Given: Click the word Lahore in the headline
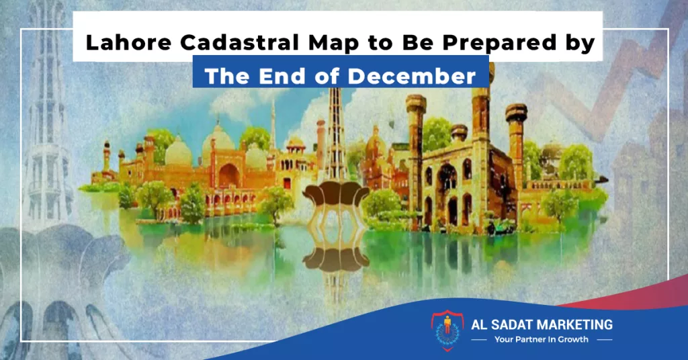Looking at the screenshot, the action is [128, 42].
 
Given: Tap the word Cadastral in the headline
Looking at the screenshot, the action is [239, 42].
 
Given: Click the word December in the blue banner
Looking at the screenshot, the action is [412, 77].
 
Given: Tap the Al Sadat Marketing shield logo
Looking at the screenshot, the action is [447, 330].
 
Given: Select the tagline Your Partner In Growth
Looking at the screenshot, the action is [541, 339].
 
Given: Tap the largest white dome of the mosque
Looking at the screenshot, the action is [218, 138].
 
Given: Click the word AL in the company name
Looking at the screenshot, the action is [478, 325].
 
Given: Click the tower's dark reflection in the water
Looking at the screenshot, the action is [336, 259].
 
